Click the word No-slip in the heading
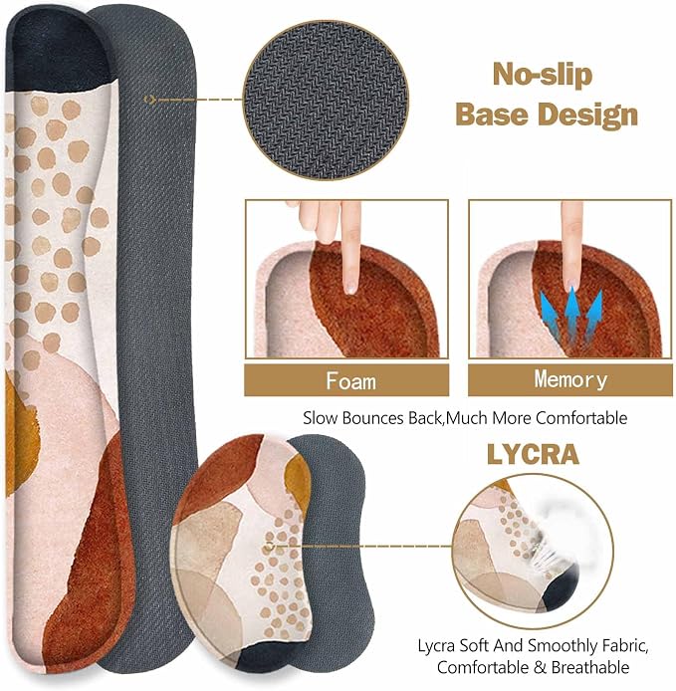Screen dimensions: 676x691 point(543,74)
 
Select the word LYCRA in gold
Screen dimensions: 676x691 point(533,454)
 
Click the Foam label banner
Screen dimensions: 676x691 point(346,380)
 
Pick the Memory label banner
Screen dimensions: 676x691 point(570,380)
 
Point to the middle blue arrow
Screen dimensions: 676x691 point(572,312)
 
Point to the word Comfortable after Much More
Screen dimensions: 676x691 point(581,418)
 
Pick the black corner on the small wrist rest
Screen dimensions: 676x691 point(265,655)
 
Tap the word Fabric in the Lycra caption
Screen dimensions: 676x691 point(624,646)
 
